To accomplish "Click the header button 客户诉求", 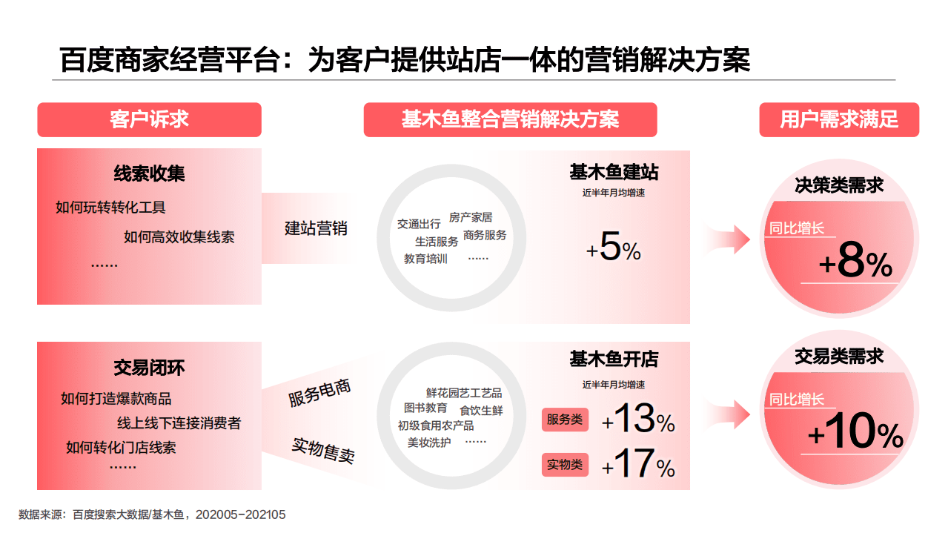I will click(149, 119).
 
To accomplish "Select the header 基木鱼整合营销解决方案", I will click(510, 119).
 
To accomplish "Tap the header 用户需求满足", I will click(839, 119).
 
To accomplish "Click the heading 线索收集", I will click(149, 173).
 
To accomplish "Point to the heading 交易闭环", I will click(149, 367).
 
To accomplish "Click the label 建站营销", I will click(316, 228).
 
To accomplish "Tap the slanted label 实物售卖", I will click(322, 450).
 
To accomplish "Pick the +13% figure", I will click(638, 419).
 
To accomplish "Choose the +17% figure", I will click(638, 464).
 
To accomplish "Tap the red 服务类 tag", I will click(565, 420).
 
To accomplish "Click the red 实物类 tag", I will click(565, 465).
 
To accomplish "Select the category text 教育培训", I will click(425, 259).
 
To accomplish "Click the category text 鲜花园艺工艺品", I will click(464, 393).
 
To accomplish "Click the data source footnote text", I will click(152, 514).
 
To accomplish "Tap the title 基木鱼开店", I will click(614, 360).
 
